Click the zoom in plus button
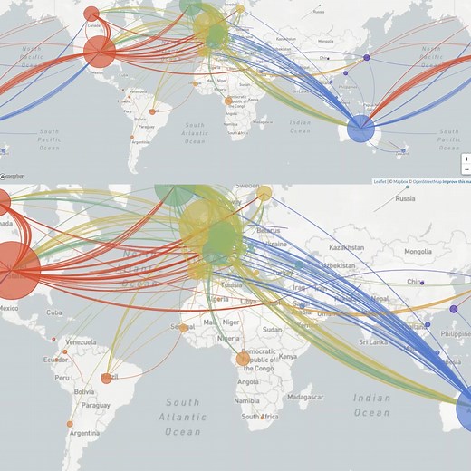click(466, 159)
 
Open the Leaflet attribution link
click(380, 181)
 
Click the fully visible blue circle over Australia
click(360, 130)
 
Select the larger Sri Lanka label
click(374, 342)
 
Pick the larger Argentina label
click(86, 434)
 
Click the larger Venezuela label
click(82, 341)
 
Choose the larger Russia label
click(405, 198)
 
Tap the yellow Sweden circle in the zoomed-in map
click(264, 193)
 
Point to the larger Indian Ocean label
click(372, 404)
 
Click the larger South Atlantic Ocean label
click(182, 417)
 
